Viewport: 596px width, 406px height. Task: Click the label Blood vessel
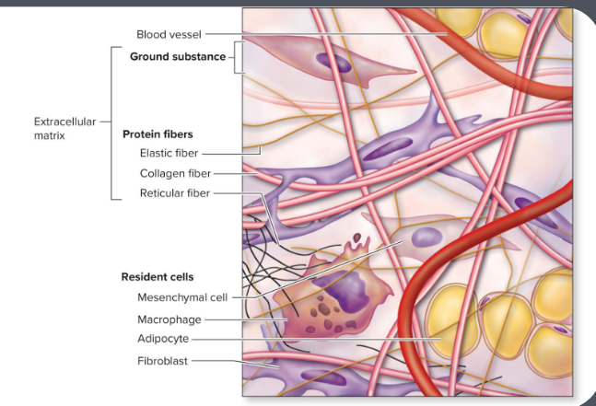click(167, 34)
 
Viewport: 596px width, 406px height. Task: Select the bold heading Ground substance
click(177, 57)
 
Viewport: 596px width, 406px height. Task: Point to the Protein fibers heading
click(158, 133)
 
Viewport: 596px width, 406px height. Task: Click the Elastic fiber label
click(169, 153)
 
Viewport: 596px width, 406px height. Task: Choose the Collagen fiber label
click(175, 173)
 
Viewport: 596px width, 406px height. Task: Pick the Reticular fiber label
click(175, 193)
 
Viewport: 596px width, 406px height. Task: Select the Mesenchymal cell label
click(181, 297)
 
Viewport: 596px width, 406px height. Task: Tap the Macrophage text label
click(168, 319)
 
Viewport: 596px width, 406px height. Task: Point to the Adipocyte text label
click(163, 339)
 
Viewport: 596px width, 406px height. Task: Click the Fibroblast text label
click(162, 361)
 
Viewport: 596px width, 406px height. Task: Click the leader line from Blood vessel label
click(322, 34)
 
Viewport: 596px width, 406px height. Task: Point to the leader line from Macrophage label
click(244, 319)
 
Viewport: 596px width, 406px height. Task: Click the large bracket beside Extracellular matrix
click(111, 122)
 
